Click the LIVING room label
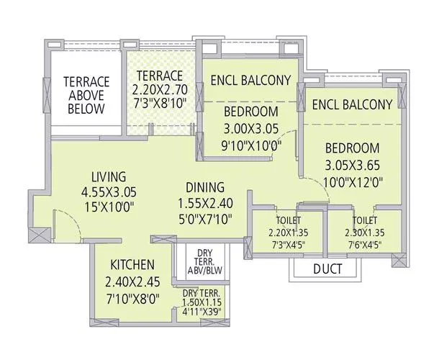pyautogui.click(x=109, y=176)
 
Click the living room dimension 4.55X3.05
pyautogui.click(x=109, y=192)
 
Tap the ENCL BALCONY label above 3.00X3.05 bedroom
pyautogui.click(x=250, y=80)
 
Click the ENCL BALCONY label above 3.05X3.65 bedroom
pyautogui.click(x=352, y=104)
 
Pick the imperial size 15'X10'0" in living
pyautogui.click(x=109, y=207)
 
